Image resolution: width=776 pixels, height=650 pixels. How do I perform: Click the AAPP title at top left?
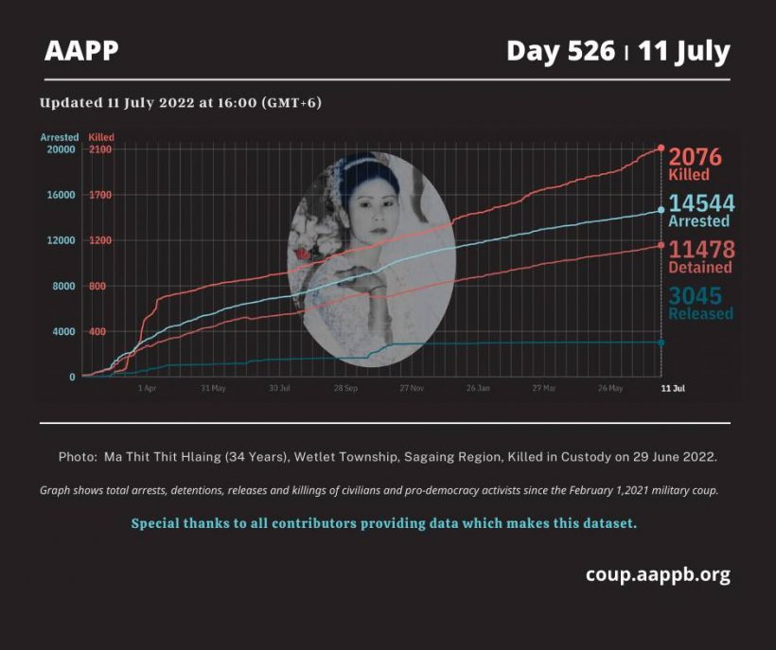click(81, 50)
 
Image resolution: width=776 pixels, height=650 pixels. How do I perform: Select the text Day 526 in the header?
click(560, 50)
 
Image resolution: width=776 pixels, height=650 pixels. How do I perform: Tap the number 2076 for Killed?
click(695, 157)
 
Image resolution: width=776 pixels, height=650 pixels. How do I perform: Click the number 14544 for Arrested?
click(699, 202)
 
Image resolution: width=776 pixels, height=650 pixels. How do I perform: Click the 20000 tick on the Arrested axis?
click(61, 149)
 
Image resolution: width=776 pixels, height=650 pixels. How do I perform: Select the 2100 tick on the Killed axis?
click(100, 149)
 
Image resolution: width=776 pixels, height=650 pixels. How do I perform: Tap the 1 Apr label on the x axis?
click(147, 388)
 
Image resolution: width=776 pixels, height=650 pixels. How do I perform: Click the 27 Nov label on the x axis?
click(411, 388)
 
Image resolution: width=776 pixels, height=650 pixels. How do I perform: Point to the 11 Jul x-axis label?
click(672, 388)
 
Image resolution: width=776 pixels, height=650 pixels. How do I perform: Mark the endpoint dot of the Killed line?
click(661, 149)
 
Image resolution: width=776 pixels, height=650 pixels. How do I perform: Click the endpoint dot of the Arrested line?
click(661, 210)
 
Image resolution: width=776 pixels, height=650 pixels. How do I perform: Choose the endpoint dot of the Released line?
click(661, 343)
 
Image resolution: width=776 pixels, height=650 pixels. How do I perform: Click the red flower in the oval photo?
click(303, 255)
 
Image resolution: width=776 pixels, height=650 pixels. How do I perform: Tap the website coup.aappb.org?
click(658, 574)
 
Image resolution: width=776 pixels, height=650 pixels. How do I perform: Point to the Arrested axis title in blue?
click(60, 137)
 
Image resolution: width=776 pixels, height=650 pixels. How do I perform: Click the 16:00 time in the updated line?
click(238, 102)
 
